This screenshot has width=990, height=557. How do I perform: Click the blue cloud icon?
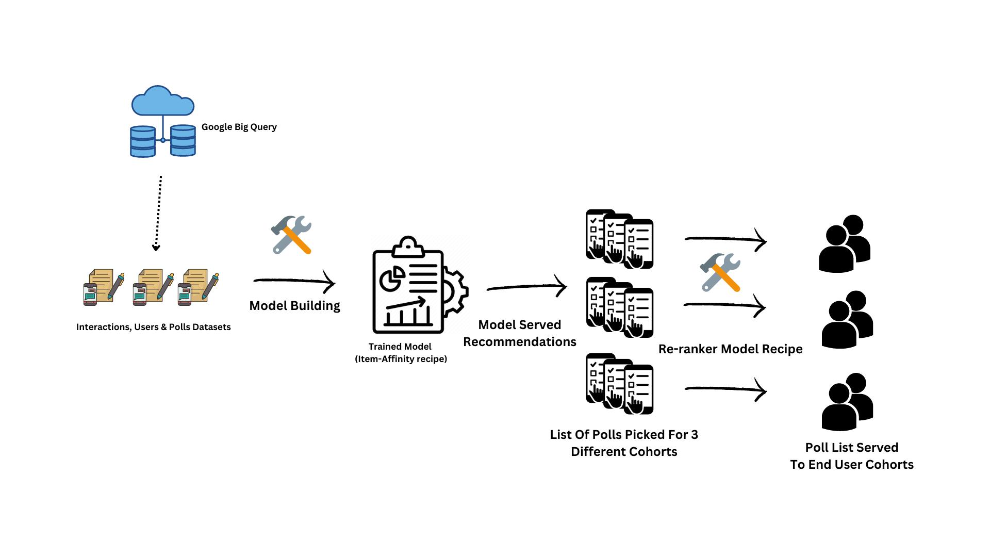point(163,102)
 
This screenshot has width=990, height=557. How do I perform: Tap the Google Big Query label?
point(239,127)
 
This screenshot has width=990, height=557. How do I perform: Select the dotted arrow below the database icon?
point(158,213)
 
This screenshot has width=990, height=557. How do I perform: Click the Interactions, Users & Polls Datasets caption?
point(153,327)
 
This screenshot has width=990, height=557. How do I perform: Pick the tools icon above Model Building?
point(291,235)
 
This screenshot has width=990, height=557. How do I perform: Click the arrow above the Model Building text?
point(294,281)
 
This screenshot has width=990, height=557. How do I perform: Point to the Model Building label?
point(294,305)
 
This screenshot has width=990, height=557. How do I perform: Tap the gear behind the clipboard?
point(456,291)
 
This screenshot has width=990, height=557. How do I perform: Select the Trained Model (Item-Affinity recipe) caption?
point(401,353)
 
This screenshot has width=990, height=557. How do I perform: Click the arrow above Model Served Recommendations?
point(526,286)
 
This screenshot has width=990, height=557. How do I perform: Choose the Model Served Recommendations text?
point(520,333)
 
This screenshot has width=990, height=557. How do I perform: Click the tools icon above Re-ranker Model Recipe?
point(720,272)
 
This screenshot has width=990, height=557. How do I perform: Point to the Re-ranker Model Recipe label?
point(730,349)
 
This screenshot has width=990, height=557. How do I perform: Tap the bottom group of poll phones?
point(620,384)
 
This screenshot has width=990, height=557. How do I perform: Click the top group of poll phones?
point(620,239)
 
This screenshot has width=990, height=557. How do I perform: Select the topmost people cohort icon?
point(845,243)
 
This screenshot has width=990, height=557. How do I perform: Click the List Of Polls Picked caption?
point(624,443)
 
